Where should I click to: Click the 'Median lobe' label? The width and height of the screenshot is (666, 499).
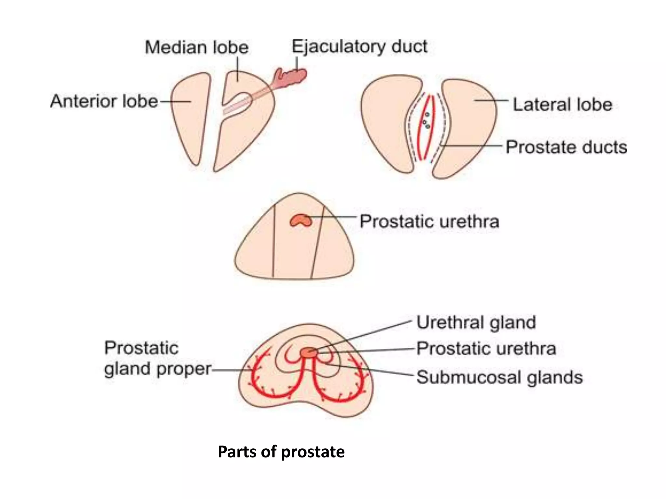click(x=196, y=47)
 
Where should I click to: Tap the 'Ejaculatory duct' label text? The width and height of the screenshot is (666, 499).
click(x=359, y=46)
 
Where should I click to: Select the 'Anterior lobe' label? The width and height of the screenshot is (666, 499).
click(x=104, y=101)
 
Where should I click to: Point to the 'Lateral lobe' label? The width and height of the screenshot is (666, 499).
click(x=562, y=105)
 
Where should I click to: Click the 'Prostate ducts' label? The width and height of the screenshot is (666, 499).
click(x=566, y=147)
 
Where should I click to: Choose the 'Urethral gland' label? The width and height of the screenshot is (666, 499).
click(x=476, y=323)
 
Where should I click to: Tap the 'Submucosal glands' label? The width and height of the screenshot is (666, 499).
click(x=499, y=377)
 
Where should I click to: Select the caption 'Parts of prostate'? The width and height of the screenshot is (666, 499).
click(x=281, y=452)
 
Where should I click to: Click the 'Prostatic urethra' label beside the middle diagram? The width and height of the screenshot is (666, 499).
click(x=429, y=222)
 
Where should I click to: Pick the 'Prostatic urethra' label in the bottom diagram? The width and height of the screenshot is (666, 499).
click(x=486, y=349)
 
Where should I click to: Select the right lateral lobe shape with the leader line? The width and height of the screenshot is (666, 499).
click(x=468, y=123)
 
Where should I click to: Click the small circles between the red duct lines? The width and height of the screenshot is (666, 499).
click(x=426, y=121)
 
